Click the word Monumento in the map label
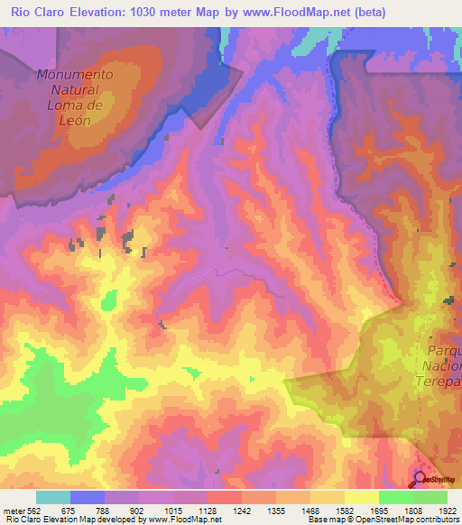coord(76,75)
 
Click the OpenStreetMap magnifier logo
coord(420,478)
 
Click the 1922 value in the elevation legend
coord(446,511)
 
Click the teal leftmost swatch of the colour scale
coord(53,497)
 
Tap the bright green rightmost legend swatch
coord(430,497)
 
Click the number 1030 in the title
coord(147,13)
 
